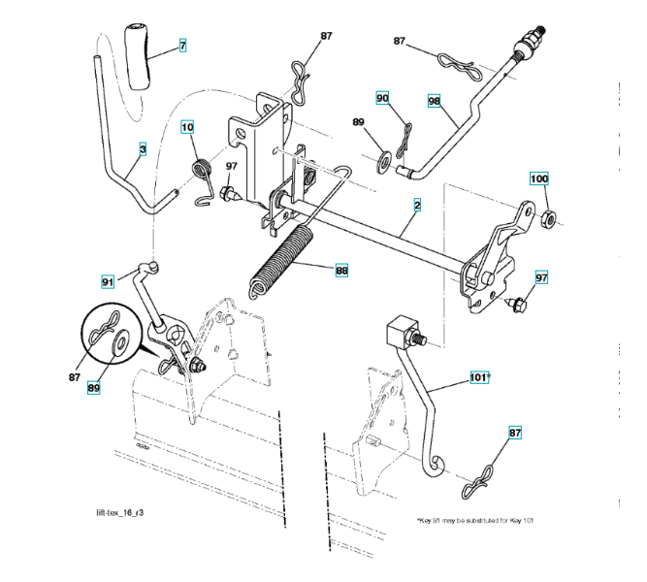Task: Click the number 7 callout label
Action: tap(181, 45)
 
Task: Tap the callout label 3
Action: tap(143, 150)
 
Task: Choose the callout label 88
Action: tap(341, 272)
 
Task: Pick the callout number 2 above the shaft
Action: tap(417, 205)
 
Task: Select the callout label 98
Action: tap(434, 102)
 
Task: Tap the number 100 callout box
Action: tap(538, 178)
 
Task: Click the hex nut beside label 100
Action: tap(545, 215)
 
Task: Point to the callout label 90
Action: tap(383, 98)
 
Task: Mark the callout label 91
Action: tap(109, 281)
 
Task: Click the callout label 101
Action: tap(479, 377)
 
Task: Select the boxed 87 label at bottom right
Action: tap(514, 433)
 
